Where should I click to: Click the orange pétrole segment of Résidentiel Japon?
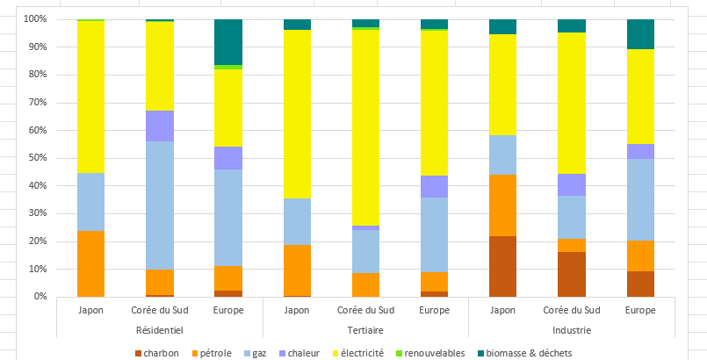tap(90, 263)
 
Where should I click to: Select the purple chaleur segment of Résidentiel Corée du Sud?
tap(160, 126)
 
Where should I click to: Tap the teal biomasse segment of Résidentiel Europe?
tap(228, 42)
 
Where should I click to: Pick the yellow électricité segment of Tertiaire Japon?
tap(297, 114)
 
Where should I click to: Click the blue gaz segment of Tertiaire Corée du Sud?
tap(365, 251)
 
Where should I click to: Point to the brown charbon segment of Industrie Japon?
tap(503, 266)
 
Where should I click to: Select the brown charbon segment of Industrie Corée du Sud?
tap(572, 275)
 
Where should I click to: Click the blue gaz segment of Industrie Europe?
tap(641, 199)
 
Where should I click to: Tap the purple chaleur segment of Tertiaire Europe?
tap(434, 186)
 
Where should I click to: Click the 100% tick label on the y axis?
tap(36, 19)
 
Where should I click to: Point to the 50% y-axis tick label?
tap(38, 158)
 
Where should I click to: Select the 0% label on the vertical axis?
tap(40, 297)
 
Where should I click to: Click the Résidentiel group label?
tap(160, 330)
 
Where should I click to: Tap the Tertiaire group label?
tap(365, 330)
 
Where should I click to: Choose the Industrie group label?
tap(572, 330)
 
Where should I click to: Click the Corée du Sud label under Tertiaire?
tap(365, 311)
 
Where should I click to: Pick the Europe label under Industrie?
tap(641, 311)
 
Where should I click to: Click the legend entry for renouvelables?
tap(430, 353)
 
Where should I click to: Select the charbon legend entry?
tap(157, 353)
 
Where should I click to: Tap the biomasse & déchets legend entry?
tap(525, 353)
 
